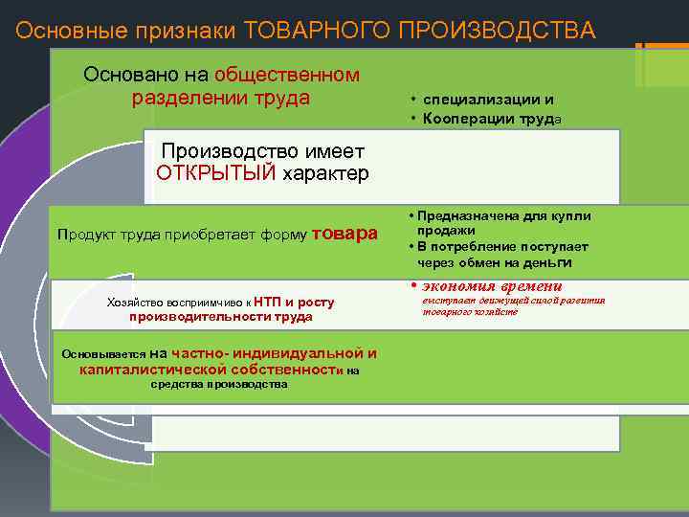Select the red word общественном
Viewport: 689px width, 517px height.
click(287, 74)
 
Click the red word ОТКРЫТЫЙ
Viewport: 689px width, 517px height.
click(215, 173)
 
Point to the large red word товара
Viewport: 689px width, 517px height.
click(344, 232)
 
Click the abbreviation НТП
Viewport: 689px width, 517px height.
click(266, 302)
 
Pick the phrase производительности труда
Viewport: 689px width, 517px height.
click(221, 316)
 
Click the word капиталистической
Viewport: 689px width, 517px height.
click(153, 369)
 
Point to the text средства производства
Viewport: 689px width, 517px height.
click(220, 384)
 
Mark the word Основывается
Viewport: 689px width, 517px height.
click(104, 353)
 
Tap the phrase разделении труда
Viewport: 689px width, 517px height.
click(221, 97)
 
